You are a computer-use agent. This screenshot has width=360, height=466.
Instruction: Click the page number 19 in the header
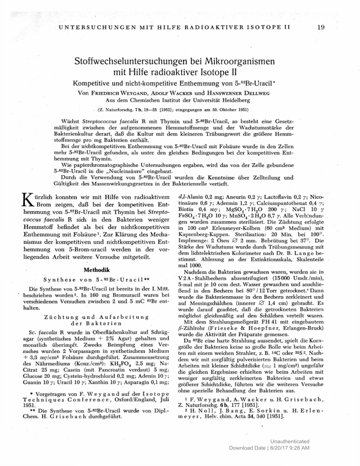(321, 28)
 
